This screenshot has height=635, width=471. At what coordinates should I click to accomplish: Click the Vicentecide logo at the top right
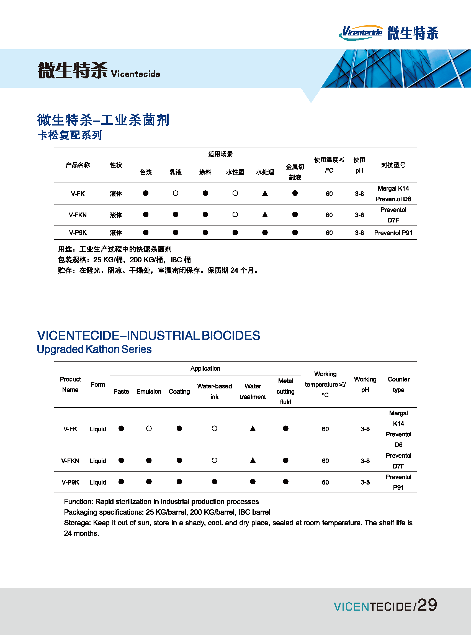388,33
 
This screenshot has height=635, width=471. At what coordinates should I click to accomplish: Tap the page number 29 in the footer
427,605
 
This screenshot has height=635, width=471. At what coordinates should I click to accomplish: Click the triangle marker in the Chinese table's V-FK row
265,193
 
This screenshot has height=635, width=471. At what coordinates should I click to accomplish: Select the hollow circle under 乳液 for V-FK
176,193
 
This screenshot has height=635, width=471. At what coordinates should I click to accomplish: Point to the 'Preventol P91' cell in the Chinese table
393,233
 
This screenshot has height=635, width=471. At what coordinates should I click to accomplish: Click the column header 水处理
265,172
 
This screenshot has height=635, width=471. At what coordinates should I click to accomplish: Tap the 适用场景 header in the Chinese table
220,154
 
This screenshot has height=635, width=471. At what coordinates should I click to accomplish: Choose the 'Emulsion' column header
149,391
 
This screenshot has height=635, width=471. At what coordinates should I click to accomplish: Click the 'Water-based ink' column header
214,391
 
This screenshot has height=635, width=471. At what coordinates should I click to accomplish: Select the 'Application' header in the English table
205,368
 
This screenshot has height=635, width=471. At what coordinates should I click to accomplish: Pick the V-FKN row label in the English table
70,461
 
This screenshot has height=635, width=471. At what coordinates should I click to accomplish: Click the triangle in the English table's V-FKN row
253,460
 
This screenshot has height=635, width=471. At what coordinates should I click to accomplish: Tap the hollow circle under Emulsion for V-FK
149,429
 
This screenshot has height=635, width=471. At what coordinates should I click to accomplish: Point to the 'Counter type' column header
398,385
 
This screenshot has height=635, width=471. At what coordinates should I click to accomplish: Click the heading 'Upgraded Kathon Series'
94,349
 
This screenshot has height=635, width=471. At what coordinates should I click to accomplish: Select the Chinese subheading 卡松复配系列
70,135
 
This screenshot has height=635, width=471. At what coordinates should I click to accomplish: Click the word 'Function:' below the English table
79,501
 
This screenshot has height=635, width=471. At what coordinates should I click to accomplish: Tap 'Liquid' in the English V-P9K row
98,482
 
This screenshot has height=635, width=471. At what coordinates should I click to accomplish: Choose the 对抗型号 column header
393,165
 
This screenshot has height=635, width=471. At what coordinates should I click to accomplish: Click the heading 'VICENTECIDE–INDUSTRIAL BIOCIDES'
148,336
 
